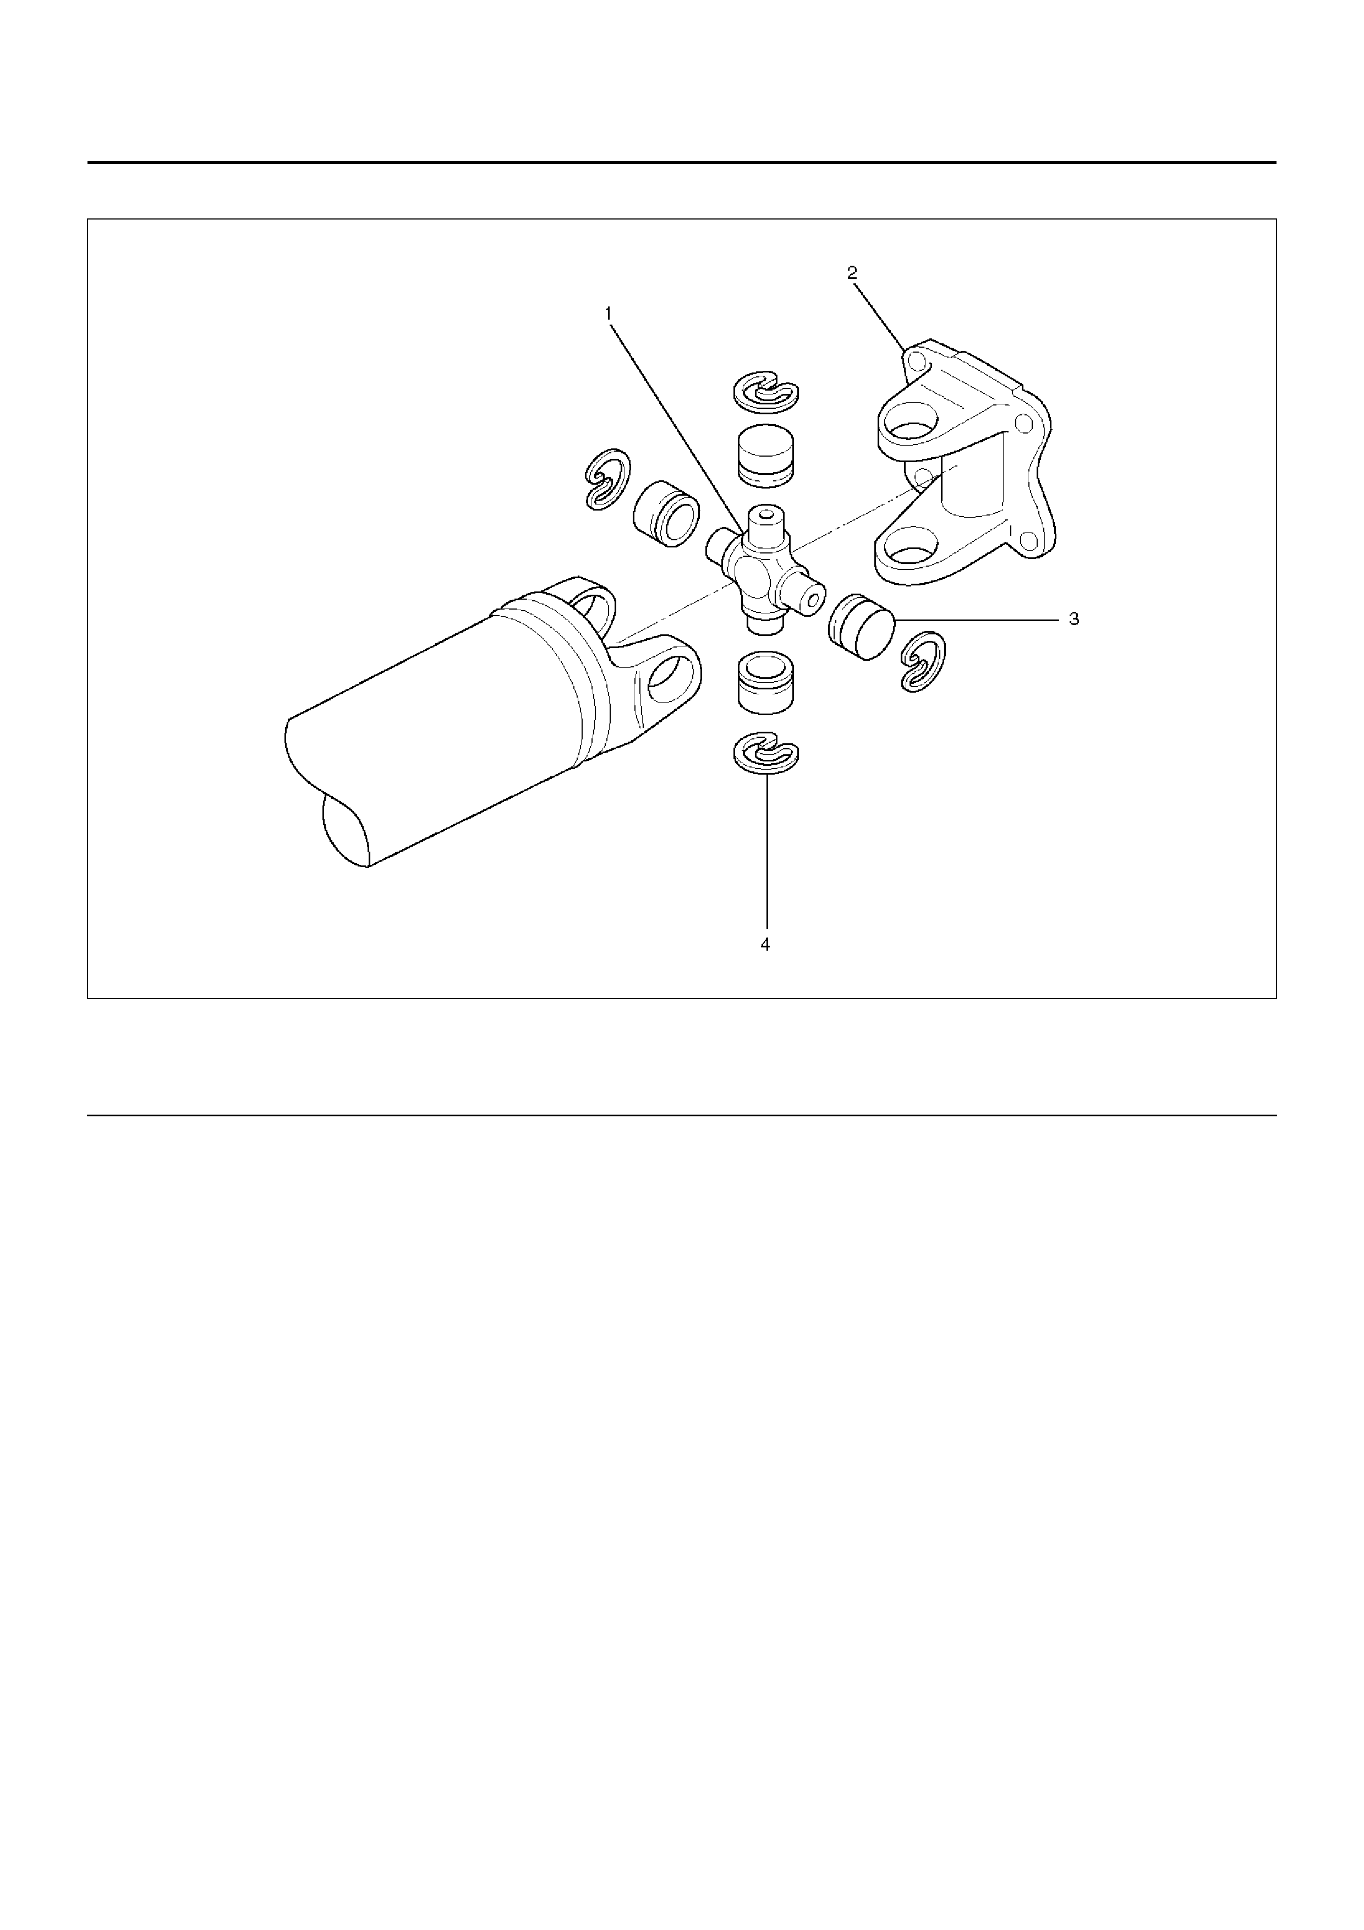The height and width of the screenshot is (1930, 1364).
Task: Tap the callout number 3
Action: click(1073, 619)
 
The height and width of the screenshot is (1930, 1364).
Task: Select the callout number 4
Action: click(765, 945)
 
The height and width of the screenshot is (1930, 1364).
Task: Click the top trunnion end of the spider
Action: click(765, 514)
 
